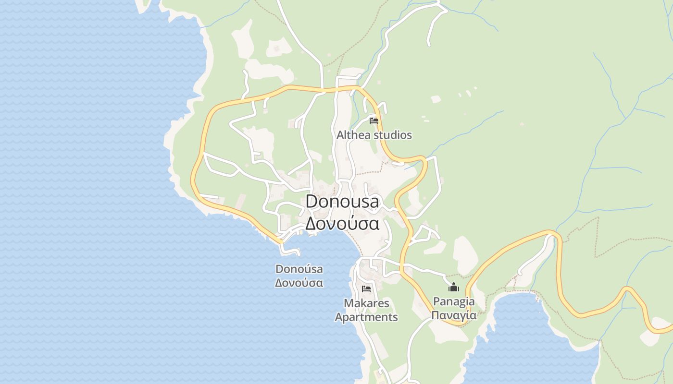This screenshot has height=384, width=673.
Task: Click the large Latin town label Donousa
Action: (x=342, y=202)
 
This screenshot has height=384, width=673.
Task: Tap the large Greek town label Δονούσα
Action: (x=342, y=224)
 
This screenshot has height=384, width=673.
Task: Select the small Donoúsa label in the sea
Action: (x=299, y=269)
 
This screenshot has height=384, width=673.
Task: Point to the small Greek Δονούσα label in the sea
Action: (x=299, y=283)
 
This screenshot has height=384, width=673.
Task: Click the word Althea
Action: (x=353, y=135)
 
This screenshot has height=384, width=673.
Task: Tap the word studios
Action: (x=393, y=135)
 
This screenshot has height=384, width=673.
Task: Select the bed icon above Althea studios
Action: (x=374, y=120)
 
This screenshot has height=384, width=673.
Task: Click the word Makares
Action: (x=366, y=303)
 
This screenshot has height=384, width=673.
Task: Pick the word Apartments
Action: (x=366, y=317)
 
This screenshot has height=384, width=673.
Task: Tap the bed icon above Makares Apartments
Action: (x=366, y=289)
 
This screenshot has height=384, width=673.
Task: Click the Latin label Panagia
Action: (x=454, y=302)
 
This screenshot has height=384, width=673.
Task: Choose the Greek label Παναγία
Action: (x=454, y=315)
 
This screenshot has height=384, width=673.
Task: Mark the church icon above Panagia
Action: (x=454, y=288)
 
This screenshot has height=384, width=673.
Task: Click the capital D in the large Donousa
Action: (x=312, y=202)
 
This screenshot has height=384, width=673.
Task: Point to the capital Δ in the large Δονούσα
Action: (x=312, y=224)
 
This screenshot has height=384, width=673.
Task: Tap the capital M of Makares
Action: (x=349, y=303)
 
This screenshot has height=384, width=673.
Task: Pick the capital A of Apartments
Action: (x=339, y=317)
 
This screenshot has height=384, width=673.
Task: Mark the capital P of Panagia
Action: (x=436, y=302)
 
